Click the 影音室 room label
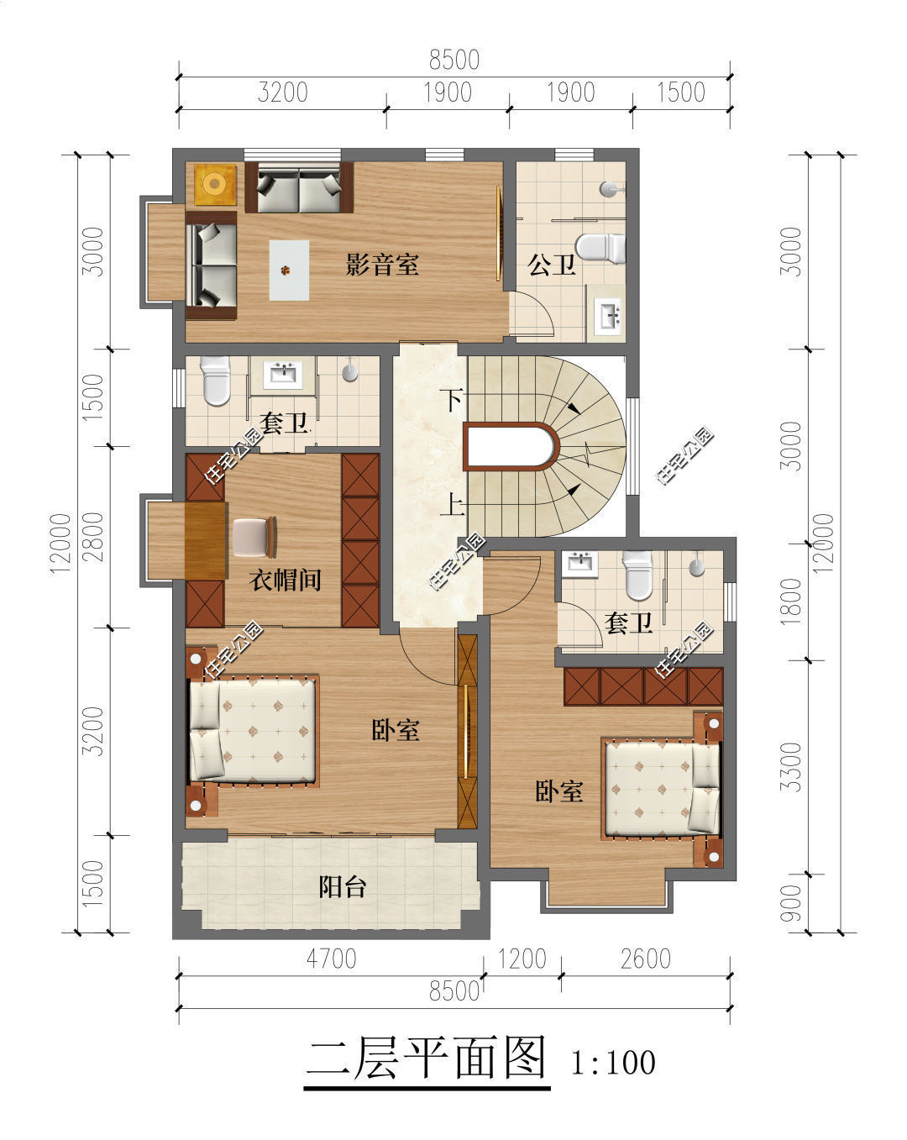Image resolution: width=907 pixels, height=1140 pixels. pos(382,264)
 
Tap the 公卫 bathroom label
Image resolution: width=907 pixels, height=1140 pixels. pos(552,264)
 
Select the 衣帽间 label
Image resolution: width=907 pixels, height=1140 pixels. pos(286,580)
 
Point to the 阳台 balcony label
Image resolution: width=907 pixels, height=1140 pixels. pos(343,887)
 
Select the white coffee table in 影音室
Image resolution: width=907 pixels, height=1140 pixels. pos(289,271)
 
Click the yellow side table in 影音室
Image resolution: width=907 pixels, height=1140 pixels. pos(215,184)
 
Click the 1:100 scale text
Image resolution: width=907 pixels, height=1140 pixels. pos(613,1062)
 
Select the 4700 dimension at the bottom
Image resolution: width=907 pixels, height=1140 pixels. pos(332,959)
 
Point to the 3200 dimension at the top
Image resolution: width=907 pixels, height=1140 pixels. pos(283,92)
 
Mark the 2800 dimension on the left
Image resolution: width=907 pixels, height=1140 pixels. pos(93,537)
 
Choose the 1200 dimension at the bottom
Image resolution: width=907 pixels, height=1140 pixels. pos(522,959)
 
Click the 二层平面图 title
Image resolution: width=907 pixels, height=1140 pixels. pos(427,1059)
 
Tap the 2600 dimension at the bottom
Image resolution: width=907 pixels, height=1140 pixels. pos(646,959)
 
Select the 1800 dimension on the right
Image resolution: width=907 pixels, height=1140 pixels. pos(792,603)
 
